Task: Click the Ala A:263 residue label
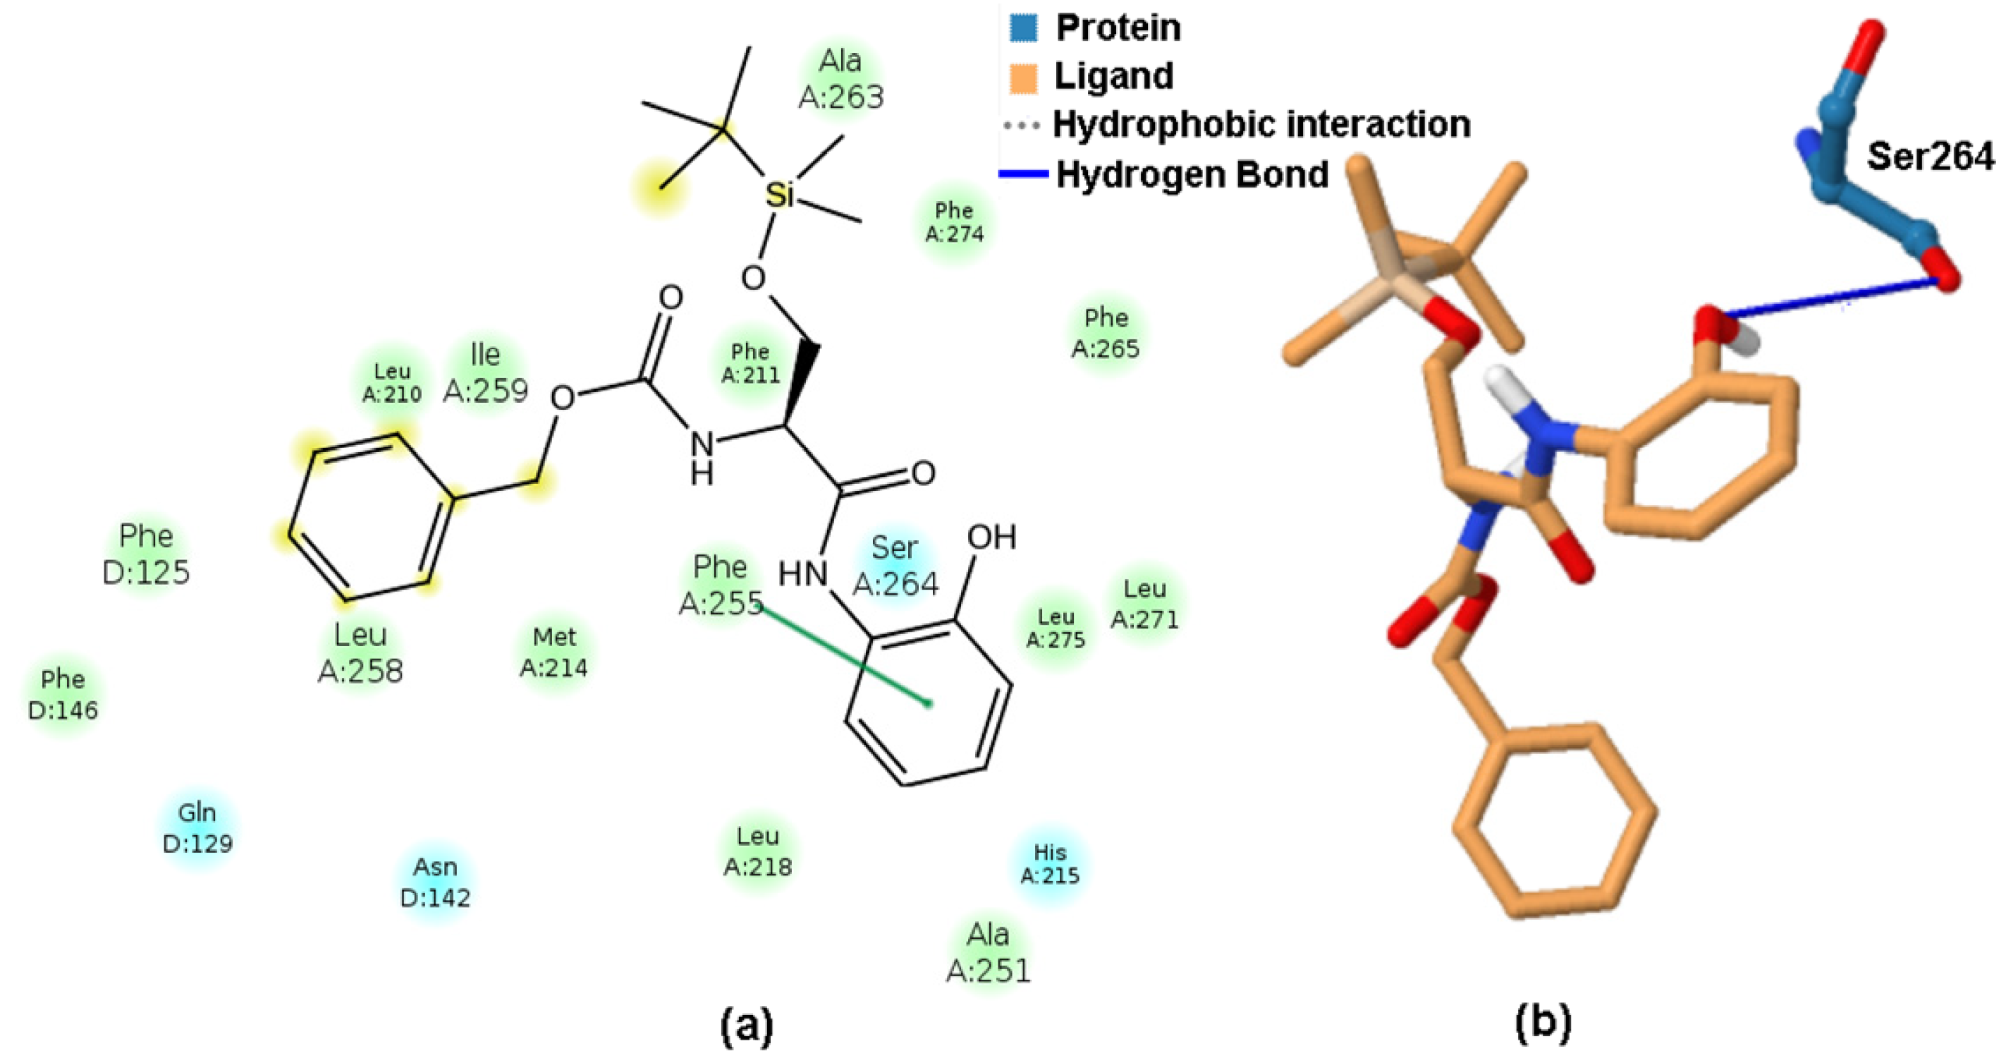[841, 79]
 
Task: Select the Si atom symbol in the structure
[780, 195]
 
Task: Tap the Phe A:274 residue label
[954, 222]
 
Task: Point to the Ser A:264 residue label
[895, 566]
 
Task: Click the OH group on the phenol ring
[991, 537]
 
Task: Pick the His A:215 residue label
[1050, 863]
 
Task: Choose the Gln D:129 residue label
[197, 827]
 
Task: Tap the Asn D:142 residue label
[435, 882]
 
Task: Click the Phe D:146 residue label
[63, 694]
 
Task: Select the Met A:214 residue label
[554, 652]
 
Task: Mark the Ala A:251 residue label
[989, 952]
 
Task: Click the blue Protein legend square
[1023, 28]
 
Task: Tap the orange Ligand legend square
[1023, 77]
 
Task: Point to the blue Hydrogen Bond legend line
[1023, 174]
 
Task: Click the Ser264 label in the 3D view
[1930, 157]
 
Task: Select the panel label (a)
[747, 1026]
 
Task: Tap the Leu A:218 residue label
[758, 851]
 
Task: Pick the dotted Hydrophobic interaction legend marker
[1022, 125]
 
